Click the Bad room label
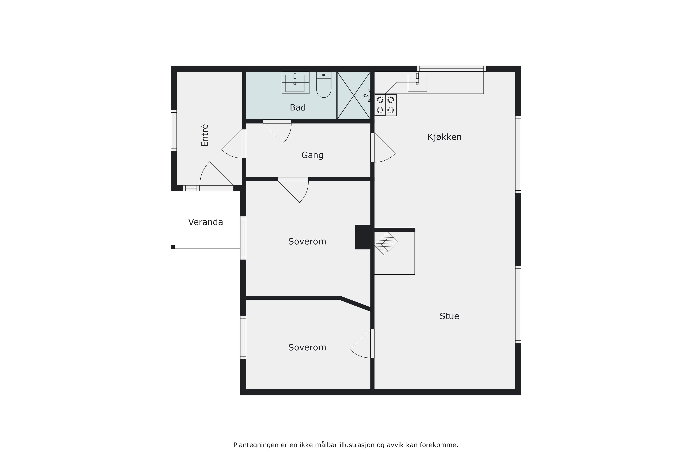coord(298,108)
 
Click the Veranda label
coord(205,222)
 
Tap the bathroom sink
coord(295,83)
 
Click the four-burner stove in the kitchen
coord(385,105)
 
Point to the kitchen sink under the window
coord(417,83)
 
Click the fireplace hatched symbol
coord(386,243)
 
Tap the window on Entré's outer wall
coord(174,131)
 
